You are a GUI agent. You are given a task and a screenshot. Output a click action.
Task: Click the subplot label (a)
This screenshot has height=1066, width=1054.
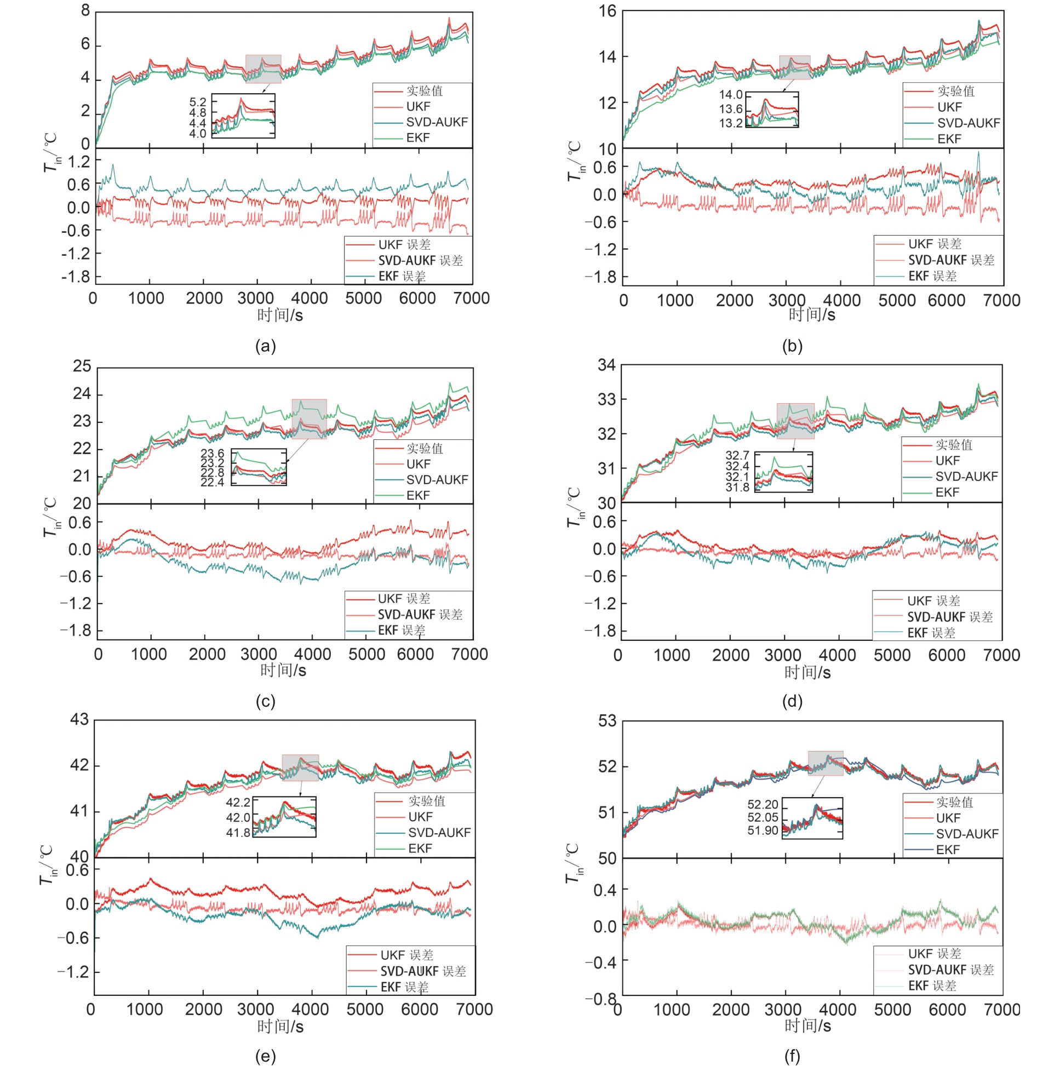point(266,347)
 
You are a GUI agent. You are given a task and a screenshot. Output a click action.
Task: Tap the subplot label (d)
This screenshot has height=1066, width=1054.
point(792,701)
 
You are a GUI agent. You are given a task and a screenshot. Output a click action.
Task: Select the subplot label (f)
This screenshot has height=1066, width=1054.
point(792,1056)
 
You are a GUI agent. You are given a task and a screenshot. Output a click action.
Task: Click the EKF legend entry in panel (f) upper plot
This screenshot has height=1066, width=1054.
point(948,850)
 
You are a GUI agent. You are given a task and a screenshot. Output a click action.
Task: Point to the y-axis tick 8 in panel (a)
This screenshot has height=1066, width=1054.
point(85,10)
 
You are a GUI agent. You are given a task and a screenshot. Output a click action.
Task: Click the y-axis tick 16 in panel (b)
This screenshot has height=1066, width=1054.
point(607,10)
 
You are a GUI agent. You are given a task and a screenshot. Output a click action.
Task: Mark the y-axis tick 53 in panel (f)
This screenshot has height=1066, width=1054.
point(607,721)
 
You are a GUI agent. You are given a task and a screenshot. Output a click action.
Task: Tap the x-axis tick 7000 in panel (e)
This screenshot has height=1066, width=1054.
point(474,1009)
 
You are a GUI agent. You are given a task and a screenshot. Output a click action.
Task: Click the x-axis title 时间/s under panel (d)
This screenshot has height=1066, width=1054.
point(807,672)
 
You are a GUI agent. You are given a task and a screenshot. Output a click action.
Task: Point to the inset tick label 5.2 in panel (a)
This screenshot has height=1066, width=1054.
point(198,102)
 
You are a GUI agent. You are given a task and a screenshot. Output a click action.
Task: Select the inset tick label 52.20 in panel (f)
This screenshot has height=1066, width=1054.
point(763,805)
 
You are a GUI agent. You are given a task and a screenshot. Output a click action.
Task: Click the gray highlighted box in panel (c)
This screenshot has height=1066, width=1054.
point(309,419)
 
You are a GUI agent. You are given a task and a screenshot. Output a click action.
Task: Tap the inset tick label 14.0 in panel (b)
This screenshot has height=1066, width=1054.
point(731,95)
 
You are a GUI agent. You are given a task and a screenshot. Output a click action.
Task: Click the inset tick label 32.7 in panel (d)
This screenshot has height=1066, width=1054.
point(737,455)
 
